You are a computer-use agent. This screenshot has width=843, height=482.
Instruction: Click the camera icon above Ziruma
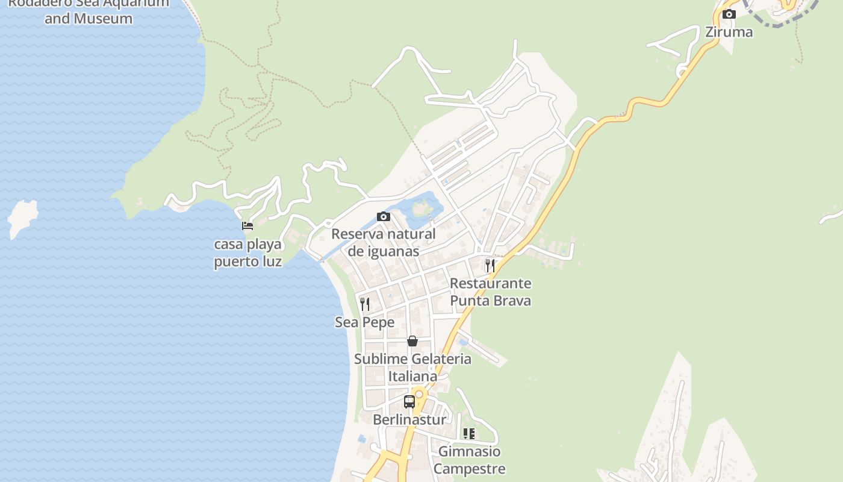click(x=729, y=14)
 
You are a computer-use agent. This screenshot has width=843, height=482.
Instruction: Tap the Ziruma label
click(x=729, y=32)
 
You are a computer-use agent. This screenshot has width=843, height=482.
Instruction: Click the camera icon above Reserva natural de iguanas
click(x=384, y=217)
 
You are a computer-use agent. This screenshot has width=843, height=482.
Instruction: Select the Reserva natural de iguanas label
click(x=384, y=242)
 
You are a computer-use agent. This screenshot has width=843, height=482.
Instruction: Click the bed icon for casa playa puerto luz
click(x=247, y=226)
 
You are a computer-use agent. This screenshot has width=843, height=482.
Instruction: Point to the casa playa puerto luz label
click(x=248, y=253)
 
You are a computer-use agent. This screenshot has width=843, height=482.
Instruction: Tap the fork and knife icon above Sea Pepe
click(x=365, y=304)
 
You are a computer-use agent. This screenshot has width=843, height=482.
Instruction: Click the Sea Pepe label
click(x=365, y=322)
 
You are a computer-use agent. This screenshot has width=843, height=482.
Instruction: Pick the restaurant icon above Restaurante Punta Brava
click(x=490, y=265)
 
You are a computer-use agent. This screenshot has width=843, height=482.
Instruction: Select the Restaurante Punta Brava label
click(x=491, y=292)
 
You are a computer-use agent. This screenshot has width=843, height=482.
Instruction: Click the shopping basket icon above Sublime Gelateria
click(x=412, y=342)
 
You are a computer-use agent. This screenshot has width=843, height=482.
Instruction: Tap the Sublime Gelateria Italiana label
click(x=412, y=368)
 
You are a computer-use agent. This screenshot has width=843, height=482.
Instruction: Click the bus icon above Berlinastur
click(x=409, y=401)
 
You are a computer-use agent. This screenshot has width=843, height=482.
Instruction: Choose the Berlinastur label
click(x=409, y=419)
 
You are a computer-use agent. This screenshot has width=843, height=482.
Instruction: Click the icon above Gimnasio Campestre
click(x=469, y=434)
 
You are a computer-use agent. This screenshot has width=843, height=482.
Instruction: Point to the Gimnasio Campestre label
click(x=469, y=460)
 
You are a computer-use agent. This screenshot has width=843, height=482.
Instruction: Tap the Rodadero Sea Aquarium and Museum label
click(x=89, y=11)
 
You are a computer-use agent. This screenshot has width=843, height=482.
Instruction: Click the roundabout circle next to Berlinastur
click(x=419, y=394)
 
